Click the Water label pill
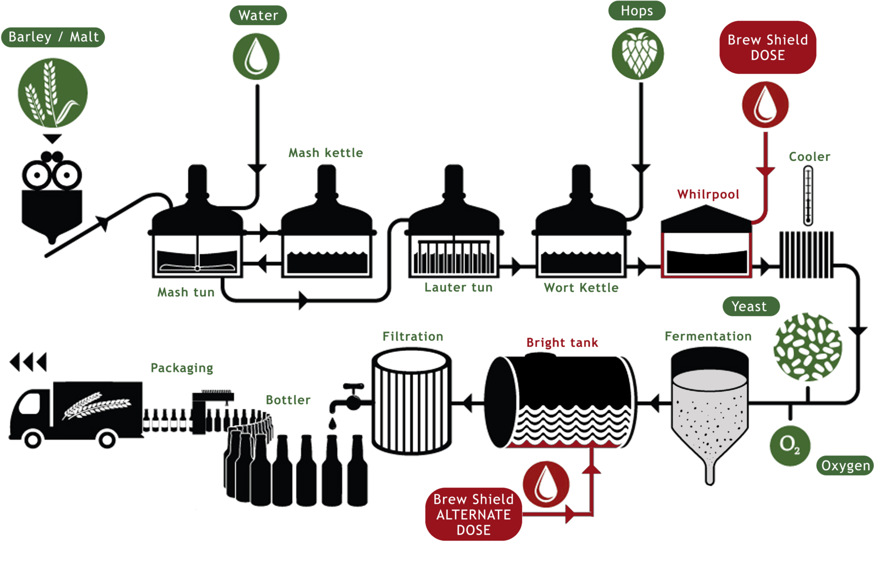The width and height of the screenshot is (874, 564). pyautogui.click(x=258, y=15)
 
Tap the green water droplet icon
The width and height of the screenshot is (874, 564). pyautogui.click(x=256, y=56)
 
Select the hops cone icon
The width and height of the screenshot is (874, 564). pyautogui.click(x=638, y=53)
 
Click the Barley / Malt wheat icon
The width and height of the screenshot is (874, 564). pyautogui.click(x=53, y=93)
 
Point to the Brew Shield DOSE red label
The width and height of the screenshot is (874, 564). pyautogui.click(x=768, y=47)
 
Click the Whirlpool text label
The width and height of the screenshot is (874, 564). pyautogui.click(x=708, y=194)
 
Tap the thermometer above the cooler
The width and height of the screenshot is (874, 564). pyautogui.click(x=808, y=196)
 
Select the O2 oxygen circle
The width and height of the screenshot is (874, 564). pyautogui.click(x=790, y=445)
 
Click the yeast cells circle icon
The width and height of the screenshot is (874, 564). pyautogui.click(x=807, y=347)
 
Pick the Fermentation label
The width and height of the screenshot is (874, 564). pyautogui.click(x=708, y=336)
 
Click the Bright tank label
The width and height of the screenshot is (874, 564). pyautogui.click(x=562, y=343)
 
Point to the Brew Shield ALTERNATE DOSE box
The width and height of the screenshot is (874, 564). pyautogui.click(x=473, y=514)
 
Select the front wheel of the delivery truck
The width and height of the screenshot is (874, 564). pyautogui.click(x=33, y=439)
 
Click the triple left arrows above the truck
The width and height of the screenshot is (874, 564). pyautogui.click(x=28, y=362)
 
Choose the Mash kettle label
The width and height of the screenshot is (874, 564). pyautogui.click(x=325, y=153)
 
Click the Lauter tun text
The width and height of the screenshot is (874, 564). pyautogui.click(x=459, y=288)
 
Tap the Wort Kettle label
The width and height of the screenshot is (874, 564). pyautogui.click(x=581, y=288)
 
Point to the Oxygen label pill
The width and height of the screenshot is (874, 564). pyautogui.click(x=845, y=466)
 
